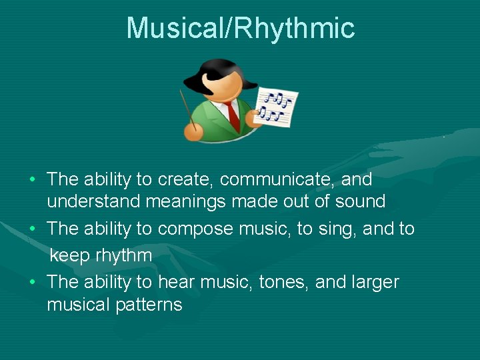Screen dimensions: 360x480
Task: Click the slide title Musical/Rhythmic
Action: [x=240, y=29]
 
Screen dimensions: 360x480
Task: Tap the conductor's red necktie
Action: [x=232, y=115]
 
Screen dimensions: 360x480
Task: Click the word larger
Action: [x=373, y=282]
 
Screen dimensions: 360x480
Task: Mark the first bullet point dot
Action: [x=33, y=180]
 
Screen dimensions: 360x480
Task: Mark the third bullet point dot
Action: [x=33, y=283]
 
